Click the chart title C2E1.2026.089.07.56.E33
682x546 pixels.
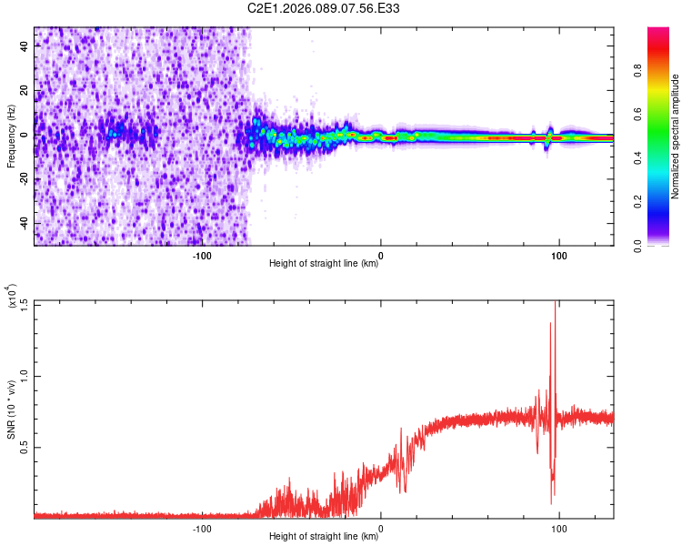point(324,8)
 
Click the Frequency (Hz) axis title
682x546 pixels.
point(11,136)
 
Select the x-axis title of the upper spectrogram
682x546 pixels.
point(324,264)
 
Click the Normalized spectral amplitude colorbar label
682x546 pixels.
point(675,136)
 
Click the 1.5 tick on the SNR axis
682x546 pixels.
point(24,303)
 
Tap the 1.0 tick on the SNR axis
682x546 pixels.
point(24,375)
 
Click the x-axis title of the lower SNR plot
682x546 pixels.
point(324,537)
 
